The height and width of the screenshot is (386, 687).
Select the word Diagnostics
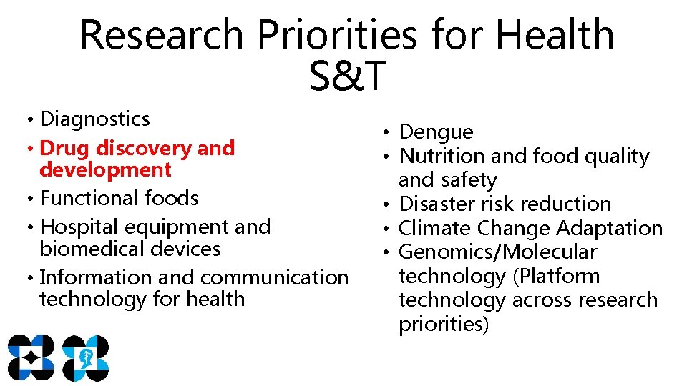(x=95, y=119)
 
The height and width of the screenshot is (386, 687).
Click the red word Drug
(x=66, y=148)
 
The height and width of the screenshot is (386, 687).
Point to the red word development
(x=106, y=170)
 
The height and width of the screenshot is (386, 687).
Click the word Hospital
(x=79, y=227)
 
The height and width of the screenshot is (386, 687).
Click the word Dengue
(x=436, y=132)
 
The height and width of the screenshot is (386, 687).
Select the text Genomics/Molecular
(x=497, y=252)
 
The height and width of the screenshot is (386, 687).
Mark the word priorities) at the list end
(x=444, y=324)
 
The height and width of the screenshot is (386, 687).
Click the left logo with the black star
(x=31, y=357)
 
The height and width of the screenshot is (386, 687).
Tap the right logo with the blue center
(x=85, y=357)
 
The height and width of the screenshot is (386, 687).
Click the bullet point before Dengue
(x=385, y=132)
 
